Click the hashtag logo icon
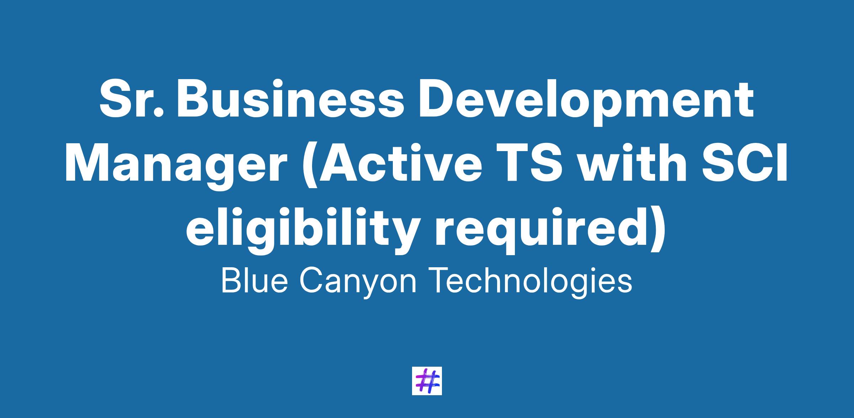(427, 381)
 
